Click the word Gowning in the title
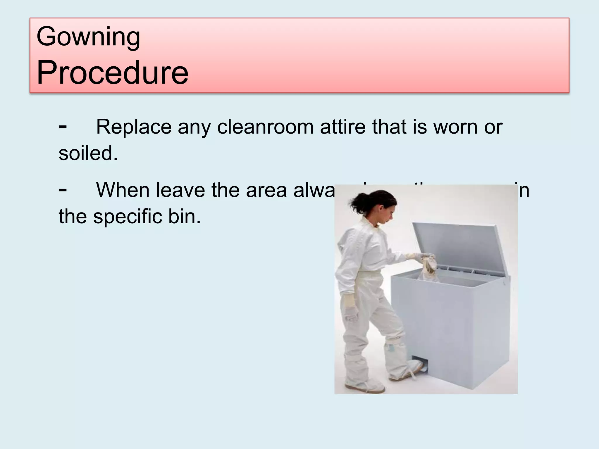(x=88, y=37)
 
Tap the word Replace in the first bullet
(x=134, y=127)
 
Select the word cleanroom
(x=265, y=127)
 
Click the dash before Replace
(x=63, y=126)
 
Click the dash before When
(x=63, y=189)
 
